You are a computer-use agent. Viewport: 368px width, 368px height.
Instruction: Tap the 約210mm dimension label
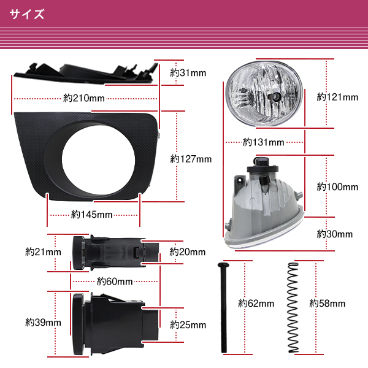point(83,98)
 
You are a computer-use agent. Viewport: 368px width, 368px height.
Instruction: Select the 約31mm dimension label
point(188,73)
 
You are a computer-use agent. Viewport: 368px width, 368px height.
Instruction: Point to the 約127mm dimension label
point(190,159)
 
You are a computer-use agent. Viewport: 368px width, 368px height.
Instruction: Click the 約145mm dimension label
point(91,215)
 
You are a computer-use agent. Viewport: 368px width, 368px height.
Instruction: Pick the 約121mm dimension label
point(337,97)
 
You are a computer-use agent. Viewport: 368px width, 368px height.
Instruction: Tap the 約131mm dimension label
point(263,142)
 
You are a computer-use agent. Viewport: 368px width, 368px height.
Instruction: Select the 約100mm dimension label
point(337,186)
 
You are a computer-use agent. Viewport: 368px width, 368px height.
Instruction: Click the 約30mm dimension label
point(335,234)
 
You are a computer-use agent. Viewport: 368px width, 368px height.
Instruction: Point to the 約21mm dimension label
point(43,251)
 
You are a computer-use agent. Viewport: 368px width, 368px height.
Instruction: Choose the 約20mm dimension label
point(187,251)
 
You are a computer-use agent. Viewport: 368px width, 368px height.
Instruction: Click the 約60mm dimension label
point(115,282)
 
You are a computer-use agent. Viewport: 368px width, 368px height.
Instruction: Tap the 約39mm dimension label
point(43,321)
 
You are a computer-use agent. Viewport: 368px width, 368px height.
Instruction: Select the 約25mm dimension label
point(187,324)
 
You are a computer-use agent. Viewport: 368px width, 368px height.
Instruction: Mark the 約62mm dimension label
point(255,303)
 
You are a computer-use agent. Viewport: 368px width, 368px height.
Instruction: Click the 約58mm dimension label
point(327,303)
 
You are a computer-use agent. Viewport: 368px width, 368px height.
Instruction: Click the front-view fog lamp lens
point(262,96)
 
